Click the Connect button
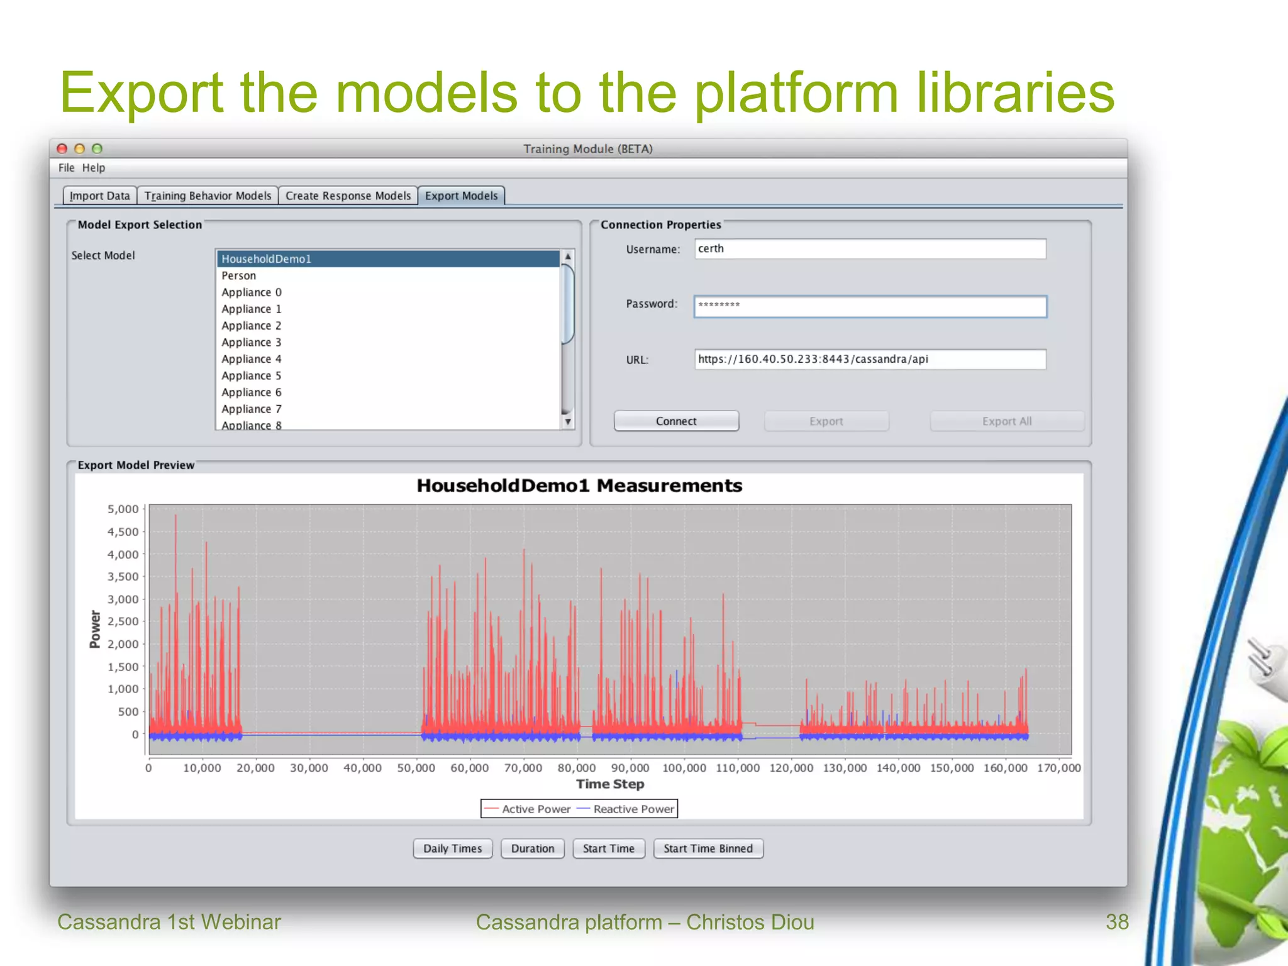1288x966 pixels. (x=676, y=421)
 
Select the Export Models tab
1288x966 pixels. (x=461, y=196)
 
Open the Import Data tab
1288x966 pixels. (x=99, y=196)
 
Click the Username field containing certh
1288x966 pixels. (x=870, y=249)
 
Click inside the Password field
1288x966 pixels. (x=870, y=307)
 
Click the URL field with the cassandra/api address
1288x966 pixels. (x=870, y=360)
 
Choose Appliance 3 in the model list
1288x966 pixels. (x=252, y=342)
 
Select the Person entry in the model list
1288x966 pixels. (x=239, y=275)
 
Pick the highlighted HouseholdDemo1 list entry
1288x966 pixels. (x=267, y=259)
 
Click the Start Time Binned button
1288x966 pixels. (x=708, y=848)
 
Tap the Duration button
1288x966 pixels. (x=533, y=848)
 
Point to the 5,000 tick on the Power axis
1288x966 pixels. (x=123, y=509)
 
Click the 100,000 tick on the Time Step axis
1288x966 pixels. (x=684, y=768)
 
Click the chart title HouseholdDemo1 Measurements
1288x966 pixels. (x=579, y=486)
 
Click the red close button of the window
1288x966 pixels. (x=62, y=149)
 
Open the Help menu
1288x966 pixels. (x=93, y=168)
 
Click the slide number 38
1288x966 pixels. (x=1117, y=922)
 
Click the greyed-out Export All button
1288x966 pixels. (x=1006, y=421)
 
